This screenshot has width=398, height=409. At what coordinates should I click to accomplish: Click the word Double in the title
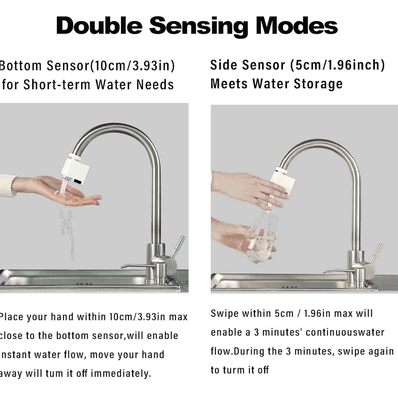click(99, 26)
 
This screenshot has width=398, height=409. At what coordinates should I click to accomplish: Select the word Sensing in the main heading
click(199, 27)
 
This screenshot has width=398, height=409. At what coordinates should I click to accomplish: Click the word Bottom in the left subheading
click(21, 66)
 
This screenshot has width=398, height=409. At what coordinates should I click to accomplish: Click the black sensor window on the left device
click(77, 181)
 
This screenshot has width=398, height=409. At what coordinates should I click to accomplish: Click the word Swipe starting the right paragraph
click(224, 314)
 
